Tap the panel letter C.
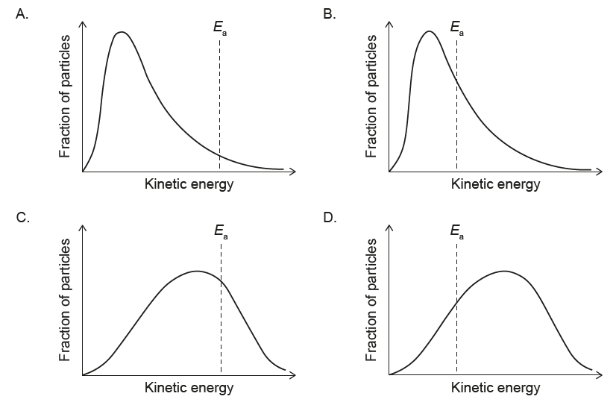pyautogui.click(x=22, y=219)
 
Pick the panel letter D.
pyautogui.click(x=329, y=219)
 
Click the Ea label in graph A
pyautogui.click(x=220, y=29)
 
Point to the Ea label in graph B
pyautogui.click(x=457, y=29)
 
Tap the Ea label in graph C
pyautogui.click(x=221, y=233)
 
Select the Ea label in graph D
pyautogui.click(x=457, y=233)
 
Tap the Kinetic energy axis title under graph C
pyautogui.click(x=189, y=388)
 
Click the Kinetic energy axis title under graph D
pyautogui.click(x=495, y=388)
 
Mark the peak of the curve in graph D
pyautogui.click(x=504, y=271)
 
